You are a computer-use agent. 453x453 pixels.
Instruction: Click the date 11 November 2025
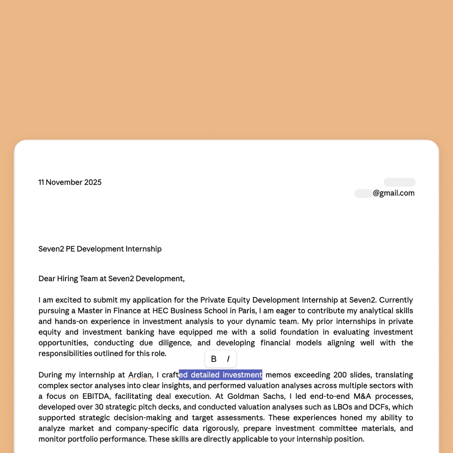click(70, 182)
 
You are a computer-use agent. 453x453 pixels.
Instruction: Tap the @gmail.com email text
click(393, 193)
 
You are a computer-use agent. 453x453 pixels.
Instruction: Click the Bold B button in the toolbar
click(213, 359)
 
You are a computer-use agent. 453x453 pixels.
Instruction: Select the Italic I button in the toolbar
click(228, 359)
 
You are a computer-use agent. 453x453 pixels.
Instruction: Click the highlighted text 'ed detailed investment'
click(220, 375)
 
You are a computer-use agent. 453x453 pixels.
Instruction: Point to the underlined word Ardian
click(140, 375)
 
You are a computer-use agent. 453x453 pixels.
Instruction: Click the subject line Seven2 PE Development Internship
click(100, 249)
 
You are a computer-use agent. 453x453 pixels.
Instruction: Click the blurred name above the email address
click(399, 182)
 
